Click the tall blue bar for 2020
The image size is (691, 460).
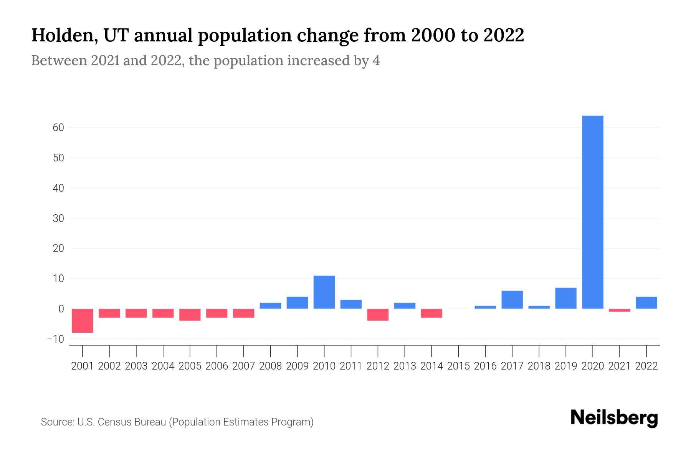tap(593, 212)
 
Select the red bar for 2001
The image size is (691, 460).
tap(83, 320)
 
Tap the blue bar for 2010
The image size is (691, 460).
tap(324, 292)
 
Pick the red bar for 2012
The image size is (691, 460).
tap(378, 314)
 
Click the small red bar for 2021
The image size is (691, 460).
tap(620, 310)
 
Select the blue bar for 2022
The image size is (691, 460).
tap(646, 302)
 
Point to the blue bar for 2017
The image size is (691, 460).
tap(512, 299)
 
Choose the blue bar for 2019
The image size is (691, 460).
tap(566, 298)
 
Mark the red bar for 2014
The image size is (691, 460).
tap(431, 313)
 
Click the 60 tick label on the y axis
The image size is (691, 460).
tap(58, 128)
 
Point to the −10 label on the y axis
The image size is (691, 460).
tap(56, 339)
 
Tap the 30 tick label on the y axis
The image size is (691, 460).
tap(58, 219)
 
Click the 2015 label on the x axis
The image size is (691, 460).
tap(458, 366)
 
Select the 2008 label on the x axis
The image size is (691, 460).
tap(270, 366)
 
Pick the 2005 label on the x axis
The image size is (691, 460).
tap(190, 366)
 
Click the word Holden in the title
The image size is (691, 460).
tap(61, 36)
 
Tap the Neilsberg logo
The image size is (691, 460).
tap(614, 418)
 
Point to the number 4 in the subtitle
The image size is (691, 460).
tap(376, 61)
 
